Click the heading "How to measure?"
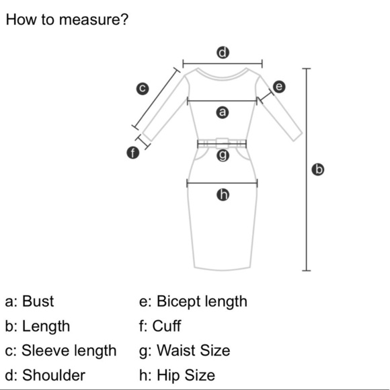pos(67,19)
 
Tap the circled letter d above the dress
pos(223,52)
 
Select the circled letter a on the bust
pos(223,112)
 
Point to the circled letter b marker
pos(318,169)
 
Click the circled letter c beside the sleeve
pos(143,89)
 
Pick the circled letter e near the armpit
pos(279,87)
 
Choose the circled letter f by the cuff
pos(133,153)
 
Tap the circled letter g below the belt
pos(223,155)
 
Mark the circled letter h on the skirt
pos(223,194)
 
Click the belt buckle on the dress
pos(222,143)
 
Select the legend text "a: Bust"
pos(30,301)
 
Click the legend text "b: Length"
pos(37,326)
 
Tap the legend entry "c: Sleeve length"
pos(61,351)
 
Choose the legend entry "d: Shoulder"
pos(45,375)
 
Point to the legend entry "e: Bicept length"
pos(193,301)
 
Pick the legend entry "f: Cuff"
pos(160,326)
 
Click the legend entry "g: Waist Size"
pos(185,351)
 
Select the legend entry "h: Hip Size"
pos(177,375)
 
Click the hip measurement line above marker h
pos(222,184)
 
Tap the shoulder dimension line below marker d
pos(223,64)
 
